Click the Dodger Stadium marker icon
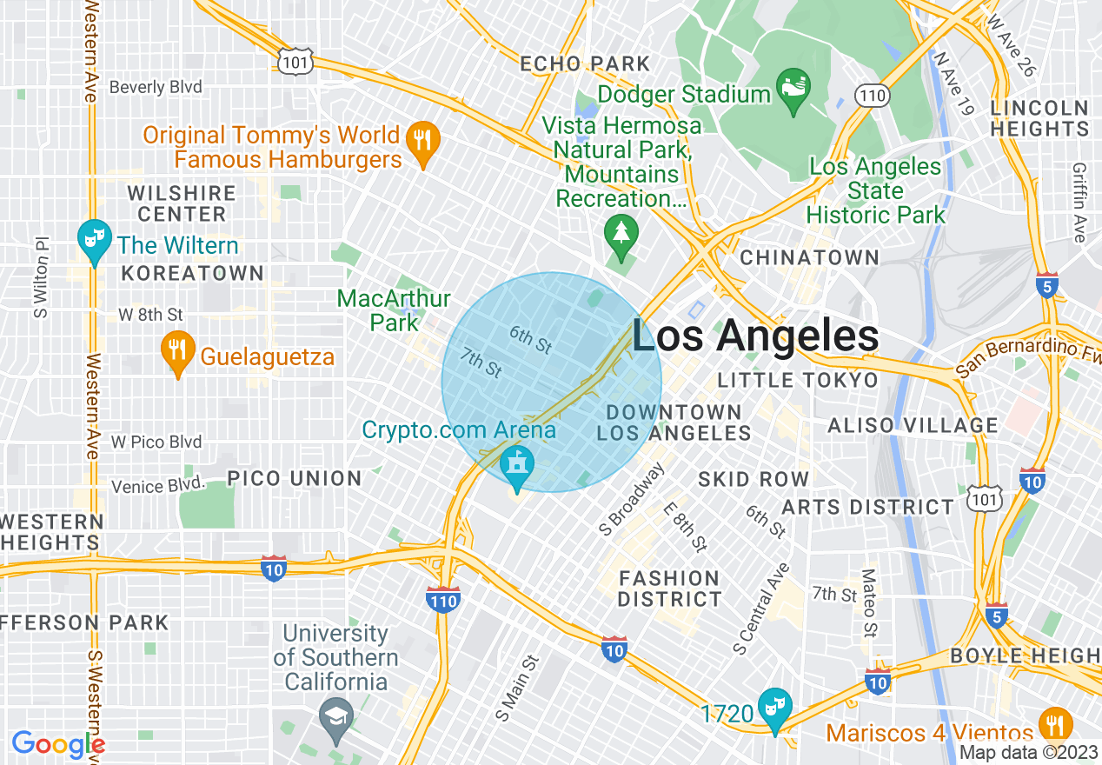click(793, 89)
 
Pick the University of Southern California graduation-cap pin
click(335, 715)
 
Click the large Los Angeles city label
click(754, 336)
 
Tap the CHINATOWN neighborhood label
click(809, 257)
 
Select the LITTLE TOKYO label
click(798, 380)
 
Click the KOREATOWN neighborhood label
click(192, 273)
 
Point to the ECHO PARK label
click(585, 63)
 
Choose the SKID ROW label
click(753, 479)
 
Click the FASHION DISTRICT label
click(669, 589)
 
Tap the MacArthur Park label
click(394, 310)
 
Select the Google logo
click(58, 744)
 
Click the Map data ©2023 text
click(1027, 753)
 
